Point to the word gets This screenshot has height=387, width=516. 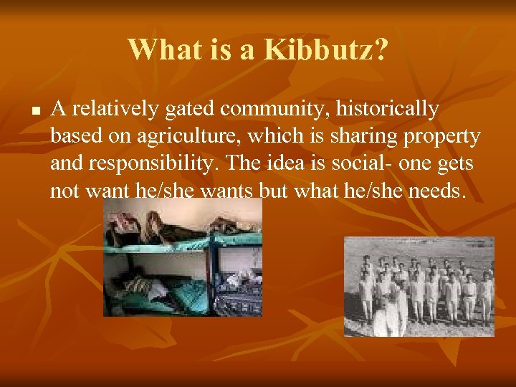click(x=456, y=163)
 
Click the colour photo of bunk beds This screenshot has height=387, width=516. click(x=183, y=258)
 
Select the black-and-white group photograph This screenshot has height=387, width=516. click(x=419, y=287)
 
